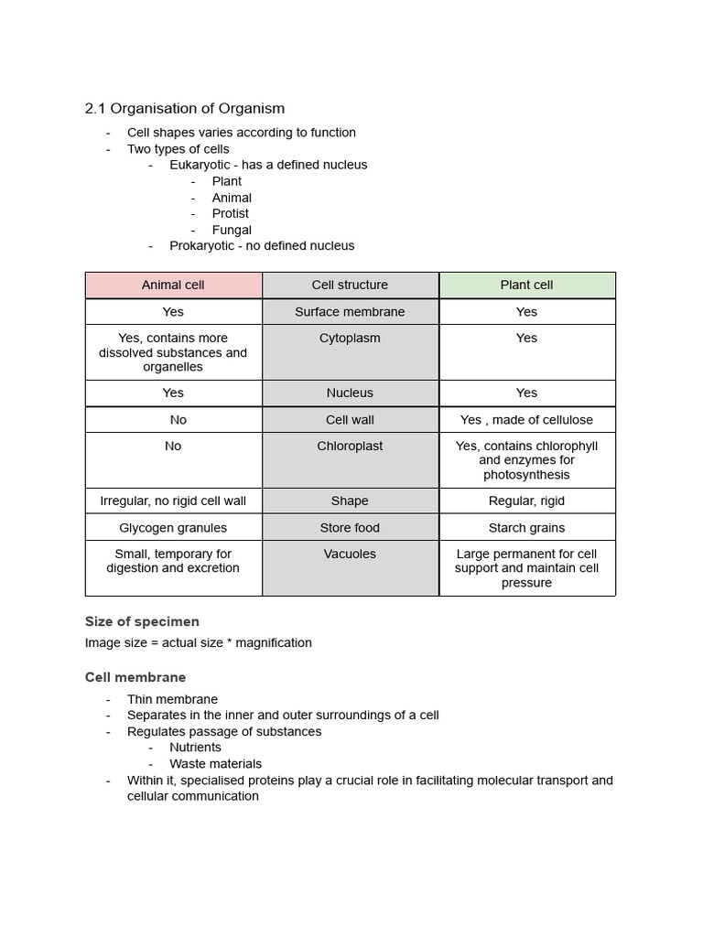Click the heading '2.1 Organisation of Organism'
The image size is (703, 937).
coord(184,108)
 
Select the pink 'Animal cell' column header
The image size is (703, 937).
coord(173,285)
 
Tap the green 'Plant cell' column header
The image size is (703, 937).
coord(526,285)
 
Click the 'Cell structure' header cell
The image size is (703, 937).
coord(350,285)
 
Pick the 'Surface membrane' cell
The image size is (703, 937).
coord(350,311)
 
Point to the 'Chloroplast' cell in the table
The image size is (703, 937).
coord(350,446)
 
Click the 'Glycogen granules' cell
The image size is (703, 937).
coord(173,527)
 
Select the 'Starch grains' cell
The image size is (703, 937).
coord(526,527)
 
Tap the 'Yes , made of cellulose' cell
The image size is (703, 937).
coord(526,419)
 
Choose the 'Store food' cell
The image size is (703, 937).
coord(350,527)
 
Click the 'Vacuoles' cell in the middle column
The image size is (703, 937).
coord(350,554)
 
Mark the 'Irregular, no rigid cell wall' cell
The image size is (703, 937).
coord(173,501)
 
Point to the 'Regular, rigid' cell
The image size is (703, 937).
coord(526,501)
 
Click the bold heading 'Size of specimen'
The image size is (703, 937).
coord(142,621)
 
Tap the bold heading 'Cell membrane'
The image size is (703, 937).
coord(135,677)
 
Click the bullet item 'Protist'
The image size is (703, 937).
coord(230,213)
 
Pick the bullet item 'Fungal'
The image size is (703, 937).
coord(232,230)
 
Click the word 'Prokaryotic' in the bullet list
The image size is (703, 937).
coord(202,245)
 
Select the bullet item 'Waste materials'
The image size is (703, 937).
coord(215,763)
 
